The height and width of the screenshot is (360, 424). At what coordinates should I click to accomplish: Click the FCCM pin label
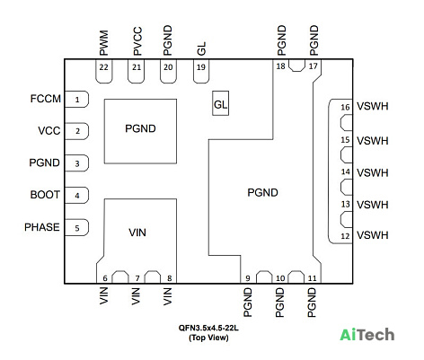[46, 99]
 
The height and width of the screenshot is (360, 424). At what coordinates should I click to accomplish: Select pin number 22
[103, 67]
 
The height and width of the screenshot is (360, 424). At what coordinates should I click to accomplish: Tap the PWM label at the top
[103, 43]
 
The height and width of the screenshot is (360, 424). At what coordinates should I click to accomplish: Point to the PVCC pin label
[137, 41]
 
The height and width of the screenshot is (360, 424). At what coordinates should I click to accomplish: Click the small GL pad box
[221, 103]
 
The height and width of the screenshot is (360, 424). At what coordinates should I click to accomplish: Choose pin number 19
[201, 67]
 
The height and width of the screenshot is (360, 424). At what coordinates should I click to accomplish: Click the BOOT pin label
[45, 195]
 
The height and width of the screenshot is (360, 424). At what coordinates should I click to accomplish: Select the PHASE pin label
[42, 227]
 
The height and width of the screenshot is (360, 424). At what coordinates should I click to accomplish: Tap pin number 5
[77, 228]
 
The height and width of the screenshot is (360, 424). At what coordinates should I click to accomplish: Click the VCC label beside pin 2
[49, 131]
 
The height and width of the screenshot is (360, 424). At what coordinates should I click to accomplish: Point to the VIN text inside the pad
[137, 233]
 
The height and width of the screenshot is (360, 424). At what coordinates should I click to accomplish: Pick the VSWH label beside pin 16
[373, 106]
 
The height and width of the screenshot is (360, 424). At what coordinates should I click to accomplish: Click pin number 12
[345, 236]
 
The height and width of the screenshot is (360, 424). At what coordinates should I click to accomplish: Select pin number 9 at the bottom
[248, 278]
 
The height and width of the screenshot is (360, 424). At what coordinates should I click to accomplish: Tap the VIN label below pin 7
[136, 296]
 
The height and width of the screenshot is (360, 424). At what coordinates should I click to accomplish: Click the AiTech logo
[367, 335]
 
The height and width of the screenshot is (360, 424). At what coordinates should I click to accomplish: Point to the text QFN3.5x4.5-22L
[208, 328]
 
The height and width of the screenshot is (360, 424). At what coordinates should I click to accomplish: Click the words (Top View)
[208, 338]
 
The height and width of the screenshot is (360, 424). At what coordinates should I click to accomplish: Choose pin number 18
[280, 66]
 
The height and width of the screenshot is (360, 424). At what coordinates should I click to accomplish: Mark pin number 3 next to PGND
[77, 163]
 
